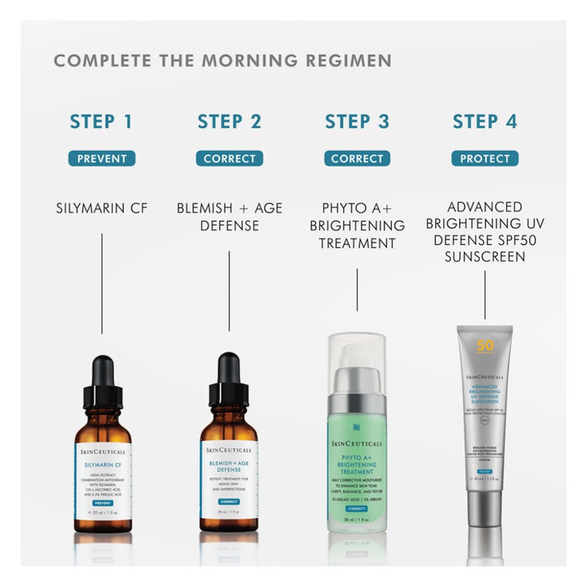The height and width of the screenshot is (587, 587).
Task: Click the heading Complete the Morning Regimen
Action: (x=222, y=61)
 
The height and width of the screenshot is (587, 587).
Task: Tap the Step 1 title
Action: (x=101, y=122)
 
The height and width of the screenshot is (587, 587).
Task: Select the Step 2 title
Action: (x=229, y=122)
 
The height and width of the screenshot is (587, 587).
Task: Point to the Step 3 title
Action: (x=356, y=122)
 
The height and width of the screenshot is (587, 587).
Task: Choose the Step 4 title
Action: (x=485, y=122)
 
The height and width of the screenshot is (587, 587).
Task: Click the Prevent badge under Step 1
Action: (x=101, y=159)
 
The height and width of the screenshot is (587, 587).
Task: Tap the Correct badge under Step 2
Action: (x=229, y=159)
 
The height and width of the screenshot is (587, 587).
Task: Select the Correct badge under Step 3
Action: (x=356, y=159)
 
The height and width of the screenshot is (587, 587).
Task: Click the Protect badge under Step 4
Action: (x=485, y=159)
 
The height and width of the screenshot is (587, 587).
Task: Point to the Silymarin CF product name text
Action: (x=101, y=208)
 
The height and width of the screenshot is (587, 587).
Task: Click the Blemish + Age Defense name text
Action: (x=229, y=217)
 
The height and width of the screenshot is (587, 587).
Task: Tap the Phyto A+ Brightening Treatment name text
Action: (x=356, y=226)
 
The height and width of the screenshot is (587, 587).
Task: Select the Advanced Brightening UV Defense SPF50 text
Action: (x=485, y=232)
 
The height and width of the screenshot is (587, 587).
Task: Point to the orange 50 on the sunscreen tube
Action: (x=485, y=346)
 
